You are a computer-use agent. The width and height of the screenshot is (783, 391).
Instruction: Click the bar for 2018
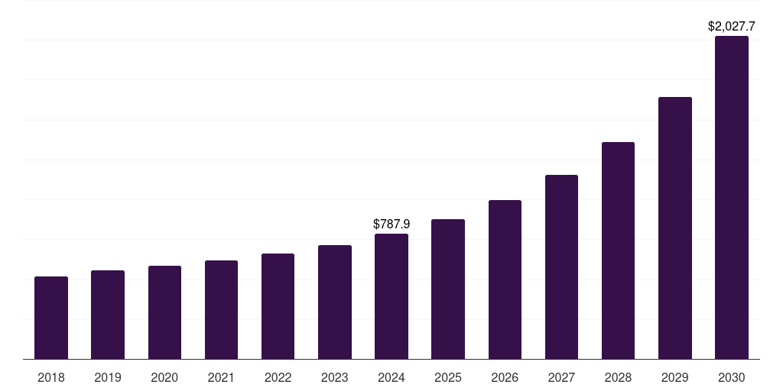(51, 318)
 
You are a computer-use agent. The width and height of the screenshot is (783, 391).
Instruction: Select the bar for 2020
(164, 312)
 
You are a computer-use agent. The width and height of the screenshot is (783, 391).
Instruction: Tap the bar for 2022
(278, 306)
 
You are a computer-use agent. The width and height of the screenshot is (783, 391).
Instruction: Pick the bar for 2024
(391, 296)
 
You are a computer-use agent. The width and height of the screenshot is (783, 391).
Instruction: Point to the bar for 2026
(505, 280)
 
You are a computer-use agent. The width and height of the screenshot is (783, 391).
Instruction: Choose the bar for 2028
(618, 250)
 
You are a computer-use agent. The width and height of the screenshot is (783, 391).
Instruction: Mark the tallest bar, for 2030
(732, 197)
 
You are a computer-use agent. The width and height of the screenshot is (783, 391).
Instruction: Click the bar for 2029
(675, 228)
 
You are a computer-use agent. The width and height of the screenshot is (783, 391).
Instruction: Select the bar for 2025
(448, 289)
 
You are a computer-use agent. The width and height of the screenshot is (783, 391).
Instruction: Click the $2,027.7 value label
(732, 27)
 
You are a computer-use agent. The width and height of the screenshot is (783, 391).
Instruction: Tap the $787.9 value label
(391, 224)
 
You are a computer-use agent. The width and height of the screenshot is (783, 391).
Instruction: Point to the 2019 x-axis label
(108, 377)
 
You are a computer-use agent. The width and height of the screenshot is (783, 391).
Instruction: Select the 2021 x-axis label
(221, 377)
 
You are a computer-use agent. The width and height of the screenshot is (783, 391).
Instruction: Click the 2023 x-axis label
(334, 377)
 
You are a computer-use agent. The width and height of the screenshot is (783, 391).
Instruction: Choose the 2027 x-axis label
(561, 377)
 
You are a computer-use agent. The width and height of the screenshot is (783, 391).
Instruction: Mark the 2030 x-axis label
(732, 377)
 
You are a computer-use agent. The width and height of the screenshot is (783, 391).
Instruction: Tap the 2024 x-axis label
(391, 377)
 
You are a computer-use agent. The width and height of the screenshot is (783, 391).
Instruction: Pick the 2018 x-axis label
(51, 377)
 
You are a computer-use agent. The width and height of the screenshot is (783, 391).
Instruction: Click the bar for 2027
(561, 267)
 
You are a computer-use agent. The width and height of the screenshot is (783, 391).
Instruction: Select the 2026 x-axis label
(505, 377)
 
